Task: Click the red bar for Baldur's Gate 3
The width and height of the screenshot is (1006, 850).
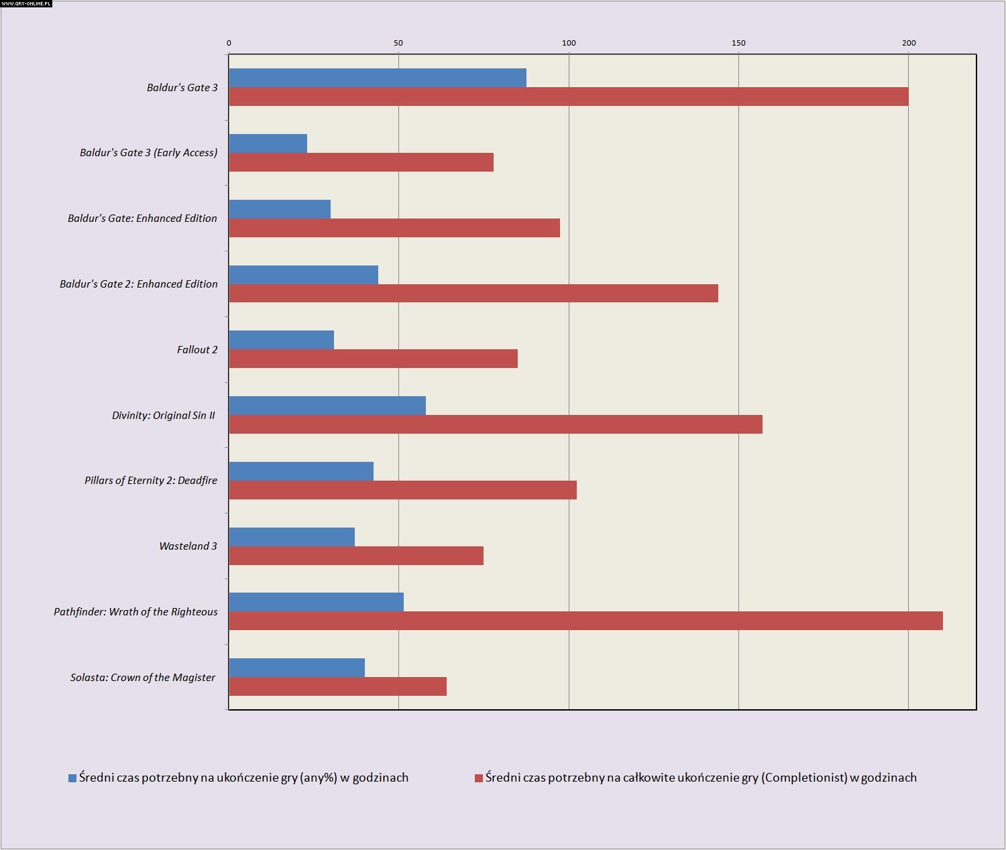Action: (569, 97)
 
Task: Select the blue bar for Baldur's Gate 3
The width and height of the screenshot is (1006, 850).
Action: (378, 78)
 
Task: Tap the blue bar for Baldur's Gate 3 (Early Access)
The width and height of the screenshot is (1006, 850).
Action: (268, 143)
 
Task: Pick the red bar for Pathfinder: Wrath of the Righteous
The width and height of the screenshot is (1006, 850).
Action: (585, 621)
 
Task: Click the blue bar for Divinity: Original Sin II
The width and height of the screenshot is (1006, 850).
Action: (327, 406)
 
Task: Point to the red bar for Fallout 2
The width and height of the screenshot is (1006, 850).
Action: (373, 359)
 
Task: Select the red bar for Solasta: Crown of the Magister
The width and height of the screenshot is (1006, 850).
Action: (337, 686)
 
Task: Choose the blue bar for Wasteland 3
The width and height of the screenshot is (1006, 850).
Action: (292, 537)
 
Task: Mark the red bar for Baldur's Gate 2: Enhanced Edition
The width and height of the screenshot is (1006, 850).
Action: (473, 293)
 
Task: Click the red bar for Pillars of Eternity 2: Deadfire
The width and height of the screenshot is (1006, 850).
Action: (402, 490)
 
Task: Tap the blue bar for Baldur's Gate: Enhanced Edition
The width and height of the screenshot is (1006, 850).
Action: (280, 209)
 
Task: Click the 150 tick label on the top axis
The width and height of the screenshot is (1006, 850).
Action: (738, 43)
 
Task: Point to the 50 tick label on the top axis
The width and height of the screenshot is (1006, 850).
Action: (398, 43)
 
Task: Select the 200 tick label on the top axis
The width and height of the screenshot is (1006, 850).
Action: (909, 43)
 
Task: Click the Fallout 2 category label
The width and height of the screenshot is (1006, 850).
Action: (197, 350)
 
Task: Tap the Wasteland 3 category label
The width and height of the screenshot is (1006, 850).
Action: (188, 546)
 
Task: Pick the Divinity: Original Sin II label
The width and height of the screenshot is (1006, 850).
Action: (164, 416)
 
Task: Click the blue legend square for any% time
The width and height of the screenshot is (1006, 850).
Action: (72, 778)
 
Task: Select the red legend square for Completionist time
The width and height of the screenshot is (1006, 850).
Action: (479, 778)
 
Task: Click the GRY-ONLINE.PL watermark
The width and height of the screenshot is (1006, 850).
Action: (26, 3)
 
